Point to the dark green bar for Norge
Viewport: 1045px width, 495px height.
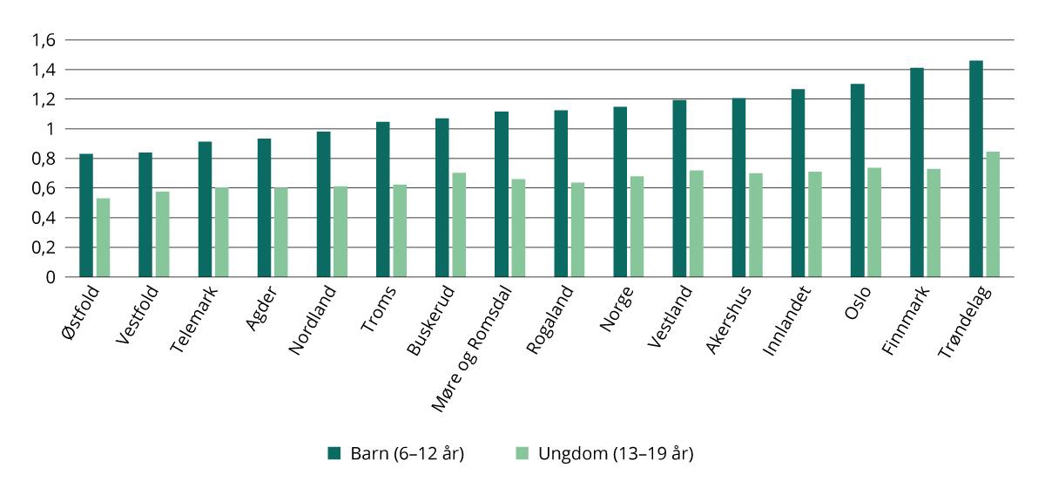click(x=620, y=192)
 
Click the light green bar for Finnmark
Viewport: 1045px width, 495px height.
click(x=934, y=222)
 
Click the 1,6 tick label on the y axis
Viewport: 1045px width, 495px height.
click(x=43, y=40)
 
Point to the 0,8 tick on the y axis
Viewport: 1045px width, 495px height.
click(x=43, y=159)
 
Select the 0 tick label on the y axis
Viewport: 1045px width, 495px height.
click(x=51, y=277)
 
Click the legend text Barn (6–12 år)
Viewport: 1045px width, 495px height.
click(x=406, y=453)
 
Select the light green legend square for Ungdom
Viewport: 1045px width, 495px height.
click(x=522, y=453)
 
